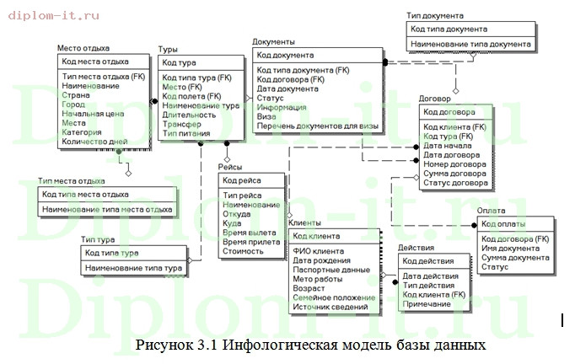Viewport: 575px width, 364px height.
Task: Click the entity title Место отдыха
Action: [83, 49]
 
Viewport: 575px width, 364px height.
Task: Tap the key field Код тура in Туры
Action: [180, 63]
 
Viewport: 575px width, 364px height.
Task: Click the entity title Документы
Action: [273, 42]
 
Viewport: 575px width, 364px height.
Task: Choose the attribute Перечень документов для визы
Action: [317, 126]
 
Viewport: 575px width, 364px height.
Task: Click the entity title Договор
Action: [435, 99]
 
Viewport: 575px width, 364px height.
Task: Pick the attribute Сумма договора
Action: [454, 174]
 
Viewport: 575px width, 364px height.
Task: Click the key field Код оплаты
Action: [503, 223]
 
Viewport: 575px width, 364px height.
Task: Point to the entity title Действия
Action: [416, 249]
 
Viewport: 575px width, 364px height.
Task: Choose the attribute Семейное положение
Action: [333, 297]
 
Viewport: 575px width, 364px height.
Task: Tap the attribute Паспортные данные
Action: [330, 270]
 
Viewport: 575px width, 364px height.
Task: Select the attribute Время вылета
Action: [251, 233]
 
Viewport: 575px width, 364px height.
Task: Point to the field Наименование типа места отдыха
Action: [107, 209]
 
